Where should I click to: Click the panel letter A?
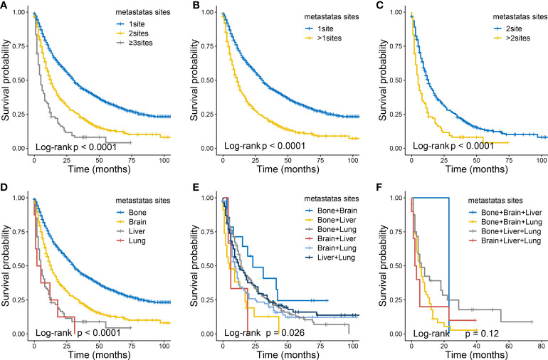click(4, 6)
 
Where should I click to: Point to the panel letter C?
click(376, 6)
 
